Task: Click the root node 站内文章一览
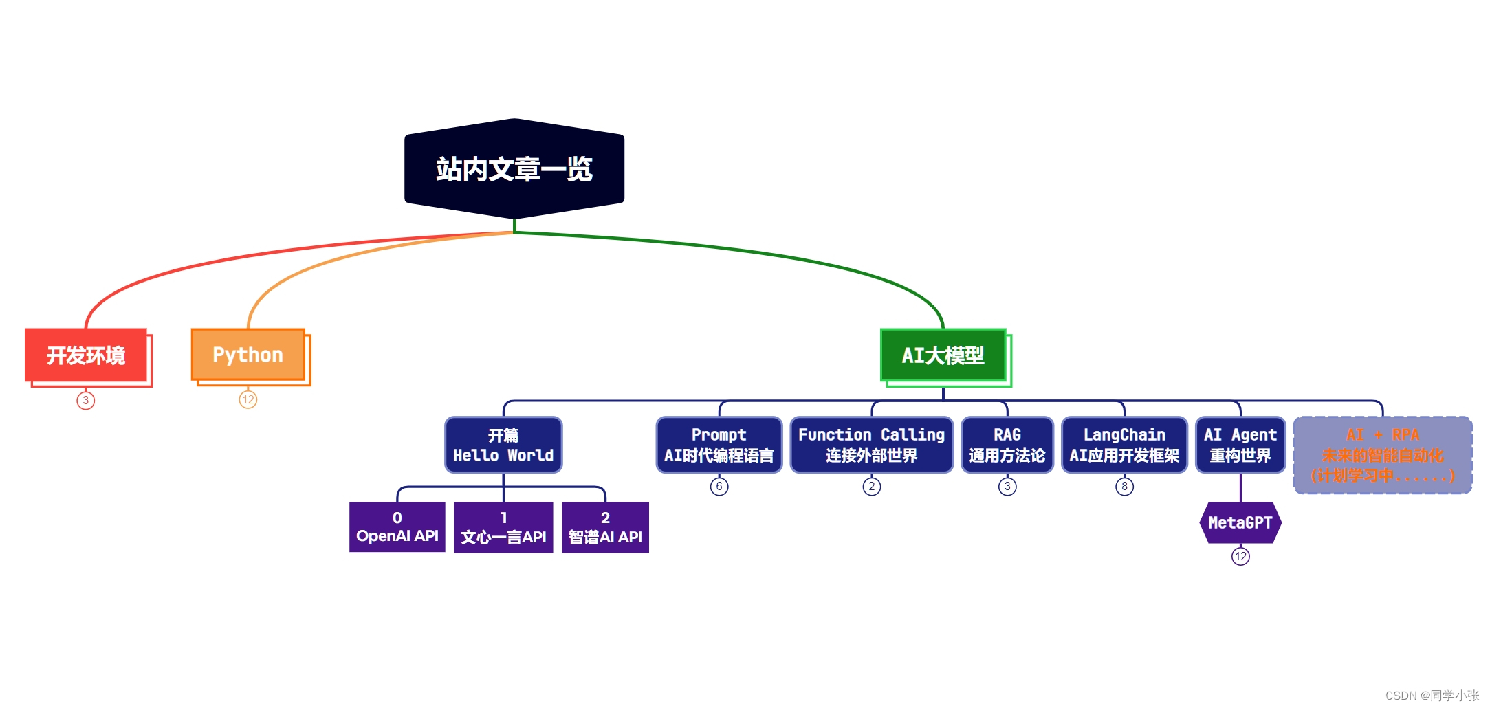tap(514, 169)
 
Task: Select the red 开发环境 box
tap(86, 355)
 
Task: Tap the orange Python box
tap(248, 355)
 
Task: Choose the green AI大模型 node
tap(943, 355)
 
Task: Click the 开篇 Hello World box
tap(503, 445)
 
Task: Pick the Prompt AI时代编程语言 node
tap(719, 445)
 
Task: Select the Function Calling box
tap(871, 445)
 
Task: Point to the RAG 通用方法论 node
tap(1007, 445)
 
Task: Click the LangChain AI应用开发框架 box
tap(1124, 445)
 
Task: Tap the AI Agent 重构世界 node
tap(1240, 445)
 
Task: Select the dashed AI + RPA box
tap(1382, 454)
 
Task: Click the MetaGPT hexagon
tap(1240, 522)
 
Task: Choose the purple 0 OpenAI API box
tap(397, 527)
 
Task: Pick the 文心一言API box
tap(503, 527)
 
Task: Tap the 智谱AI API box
tap(605, 527)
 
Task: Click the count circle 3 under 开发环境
tap(86, 400)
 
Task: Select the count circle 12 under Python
tap(248, 399)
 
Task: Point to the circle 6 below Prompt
tap(719, 487)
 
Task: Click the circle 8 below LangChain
tap(1124, 487)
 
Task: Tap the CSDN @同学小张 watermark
tap(1432, 695)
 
